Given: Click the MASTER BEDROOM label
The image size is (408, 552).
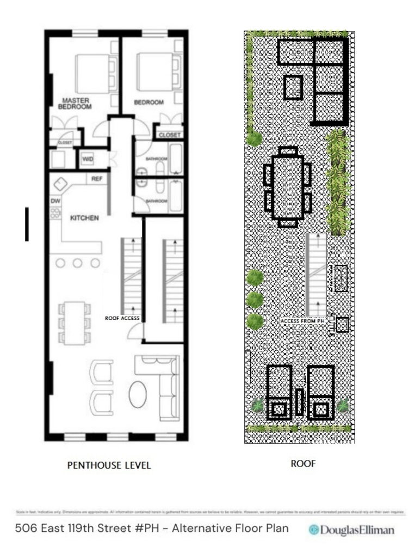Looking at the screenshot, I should coord(75,104).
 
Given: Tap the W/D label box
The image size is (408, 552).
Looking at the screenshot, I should coord(88,159).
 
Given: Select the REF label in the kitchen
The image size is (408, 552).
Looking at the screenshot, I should coord(97,178).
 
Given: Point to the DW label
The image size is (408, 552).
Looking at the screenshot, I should coord(55,201).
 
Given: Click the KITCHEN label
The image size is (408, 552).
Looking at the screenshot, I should coord(84,218).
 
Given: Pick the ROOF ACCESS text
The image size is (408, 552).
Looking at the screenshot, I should coord(122,318).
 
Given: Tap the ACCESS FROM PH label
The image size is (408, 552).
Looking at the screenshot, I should coord(306,321).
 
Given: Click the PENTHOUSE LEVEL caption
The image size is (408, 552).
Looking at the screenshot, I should coord(109,465).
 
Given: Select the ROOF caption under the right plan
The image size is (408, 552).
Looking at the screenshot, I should coord(303,464).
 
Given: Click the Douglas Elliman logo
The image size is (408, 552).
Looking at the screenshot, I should coord(351,530).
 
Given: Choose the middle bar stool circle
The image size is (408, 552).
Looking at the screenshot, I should coord(78,263).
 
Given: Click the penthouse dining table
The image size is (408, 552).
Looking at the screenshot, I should coord(74,323).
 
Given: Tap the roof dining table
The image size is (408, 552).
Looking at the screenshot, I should coord(287,186).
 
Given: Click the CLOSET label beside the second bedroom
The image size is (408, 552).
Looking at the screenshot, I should coord(170,135).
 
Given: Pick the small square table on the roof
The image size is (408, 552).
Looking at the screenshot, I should coord(293,87).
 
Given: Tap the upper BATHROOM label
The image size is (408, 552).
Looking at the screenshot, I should coord(157,159).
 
